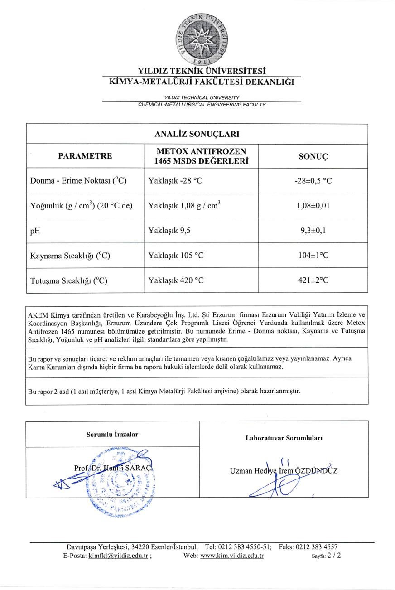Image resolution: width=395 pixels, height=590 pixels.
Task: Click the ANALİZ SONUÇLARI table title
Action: pos(197,134)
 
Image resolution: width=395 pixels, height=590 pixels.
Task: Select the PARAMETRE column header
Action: pos(85,156)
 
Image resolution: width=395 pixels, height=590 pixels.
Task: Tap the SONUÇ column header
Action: pos(313,156)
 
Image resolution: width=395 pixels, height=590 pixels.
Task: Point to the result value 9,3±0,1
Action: pos(313,230)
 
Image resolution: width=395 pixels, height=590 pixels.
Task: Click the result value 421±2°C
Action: pos(313,280)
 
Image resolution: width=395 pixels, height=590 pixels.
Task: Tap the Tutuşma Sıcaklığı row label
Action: pos(68,280)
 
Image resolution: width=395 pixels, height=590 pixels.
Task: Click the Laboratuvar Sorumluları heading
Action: pos(284,438)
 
